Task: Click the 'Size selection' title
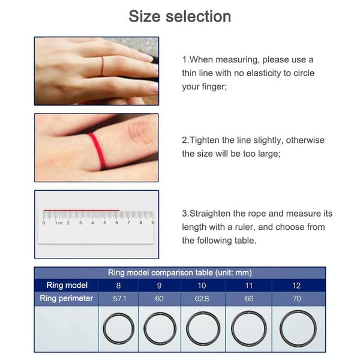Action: coord(179,16)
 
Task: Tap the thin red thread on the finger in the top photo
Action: coord(103,66)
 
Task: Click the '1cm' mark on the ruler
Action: coord(59,223)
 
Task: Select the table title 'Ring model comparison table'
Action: coord(179,272)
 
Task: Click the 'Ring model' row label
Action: coord(67,286)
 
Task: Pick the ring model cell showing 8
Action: coord(118,286)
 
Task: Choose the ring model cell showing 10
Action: coord(202,286)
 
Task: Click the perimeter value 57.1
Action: coord(118,298)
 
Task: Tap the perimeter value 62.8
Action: coord(202,298)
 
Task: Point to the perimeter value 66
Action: coord(248,298)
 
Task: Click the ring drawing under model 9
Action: coord(160,328)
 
